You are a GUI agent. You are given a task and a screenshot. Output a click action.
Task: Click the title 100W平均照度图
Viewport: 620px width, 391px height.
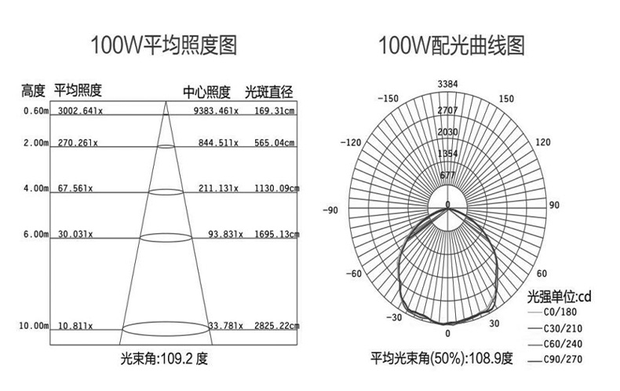[163, 44]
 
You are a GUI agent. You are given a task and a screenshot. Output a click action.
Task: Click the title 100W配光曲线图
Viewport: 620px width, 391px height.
[450, 44]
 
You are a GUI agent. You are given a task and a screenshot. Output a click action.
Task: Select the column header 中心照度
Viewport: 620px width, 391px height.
[206, 91]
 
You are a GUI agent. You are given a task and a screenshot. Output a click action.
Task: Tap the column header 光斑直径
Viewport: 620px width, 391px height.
[268, 91]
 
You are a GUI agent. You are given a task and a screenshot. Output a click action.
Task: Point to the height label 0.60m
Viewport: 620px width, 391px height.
[36, 111]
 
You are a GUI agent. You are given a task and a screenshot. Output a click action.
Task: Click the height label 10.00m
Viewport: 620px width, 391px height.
[34, 325]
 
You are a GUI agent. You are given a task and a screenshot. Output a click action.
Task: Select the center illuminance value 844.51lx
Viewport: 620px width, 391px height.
[218, 143]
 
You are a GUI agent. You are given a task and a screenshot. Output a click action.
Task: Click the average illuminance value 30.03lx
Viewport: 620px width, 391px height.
[75, 234]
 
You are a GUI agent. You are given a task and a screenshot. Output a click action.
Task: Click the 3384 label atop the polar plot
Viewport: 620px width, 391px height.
[447, 84]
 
